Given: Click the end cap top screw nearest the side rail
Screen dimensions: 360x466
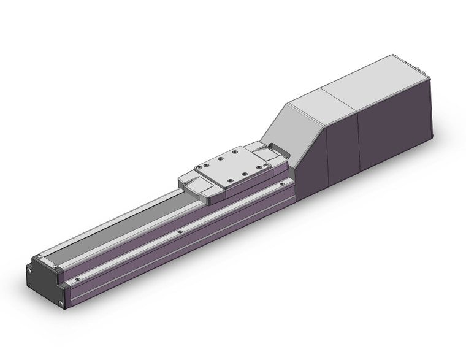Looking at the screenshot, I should point(57,265).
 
